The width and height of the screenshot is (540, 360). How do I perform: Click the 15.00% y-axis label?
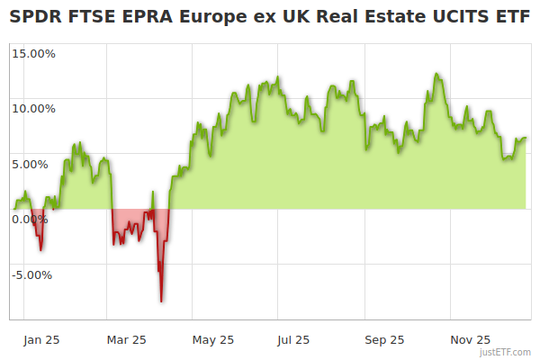click(x=33, y=53)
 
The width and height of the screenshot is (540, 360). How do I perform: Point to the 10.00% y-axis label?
click(x=33, y=109)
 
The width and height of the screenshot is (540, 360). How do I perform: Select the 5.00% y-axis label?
click(x=36, y=164)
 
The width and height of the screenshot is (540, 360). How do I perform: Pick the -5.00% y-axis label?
click(x=31, y=275)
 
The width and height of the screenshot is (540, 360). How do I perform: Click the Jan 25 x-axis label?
click(x=41, y=340)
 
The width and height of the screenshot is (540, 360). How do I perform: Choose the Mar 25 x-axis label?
click(x=126, y=340)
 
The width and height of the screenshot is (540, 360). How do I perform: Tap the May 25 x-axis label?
click(x=212, y=340)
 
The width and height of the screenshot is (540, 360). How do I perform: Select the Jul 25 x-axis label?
click(x=293, y=340)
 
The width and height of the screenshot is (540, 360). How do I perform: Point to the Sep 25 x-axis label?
click(x=384, y=340)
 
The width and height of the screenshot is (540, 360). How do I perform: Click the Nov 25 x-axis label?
click(x=470, y=340)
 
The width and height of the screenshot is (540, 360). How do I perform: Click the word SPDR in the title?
click(x=34, y=18)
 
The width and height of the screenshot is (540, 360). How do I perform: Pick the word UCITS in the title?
click(x=460, y=18)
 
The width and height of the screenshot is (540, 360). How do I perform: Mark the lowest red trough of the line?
click(x=161, y=301)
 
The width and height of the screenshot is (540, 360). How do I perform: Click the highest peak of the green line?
click(x=436, y=74)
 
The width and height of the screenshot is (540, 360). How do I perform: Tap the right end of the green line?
click(x=526, y=138)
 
